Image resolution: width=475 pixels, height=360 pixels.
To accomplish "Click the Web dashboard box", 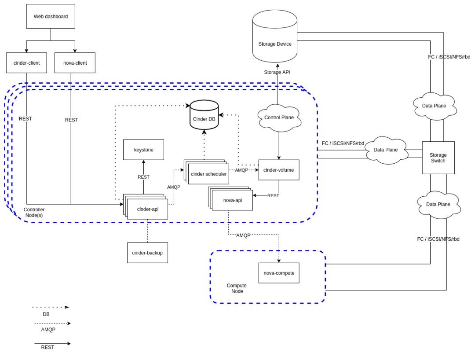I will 51,16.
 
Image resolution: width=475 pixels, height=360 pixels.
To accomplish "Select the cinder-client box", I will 26,63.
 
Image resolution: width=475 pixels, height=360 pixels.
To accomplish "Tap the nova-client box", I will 75,63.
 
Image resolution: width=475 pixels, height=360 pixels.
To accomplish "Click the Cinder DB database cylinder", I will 204,115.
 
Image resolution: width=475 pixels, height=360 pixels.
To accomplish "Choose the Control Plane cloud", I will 279,118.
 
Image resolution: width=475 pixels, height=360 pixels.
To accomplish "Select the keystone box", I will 143,150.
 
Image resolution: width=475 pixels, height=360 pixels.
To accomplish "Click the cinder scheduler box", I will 208,174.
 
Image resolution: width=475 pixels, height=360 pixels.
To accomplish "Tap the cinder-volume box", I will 279,170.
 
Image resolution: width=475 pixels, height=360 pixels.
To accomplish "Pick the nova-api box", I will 232,200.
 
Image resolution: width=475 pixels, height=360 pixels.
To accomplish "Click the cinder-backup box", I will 147,253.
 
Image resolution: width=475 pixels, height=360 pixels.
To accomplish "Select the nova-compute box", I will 279,273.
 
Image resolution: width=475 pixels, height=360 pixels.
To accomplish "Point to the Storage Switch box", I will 438,158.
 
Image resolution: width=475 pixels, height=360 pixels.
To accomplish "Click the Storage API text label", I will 277,72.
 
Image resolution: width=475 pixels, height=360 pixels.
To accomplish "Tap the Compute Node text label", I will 237,288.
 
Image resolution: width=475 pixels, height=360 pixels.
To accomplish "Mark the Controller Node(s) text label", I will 34,212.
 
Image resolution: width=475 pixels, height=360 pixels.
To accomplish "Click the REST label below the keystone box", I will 143,177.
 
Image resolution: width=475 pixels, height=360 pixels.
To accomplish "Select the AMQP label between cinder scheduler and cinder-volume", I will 241,170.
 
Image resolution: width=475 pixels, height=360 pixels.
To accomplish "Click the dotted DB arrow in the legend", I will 51,307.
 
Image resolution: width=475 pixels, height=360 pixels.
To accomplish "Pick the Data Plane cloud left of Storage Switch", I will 385,150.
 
